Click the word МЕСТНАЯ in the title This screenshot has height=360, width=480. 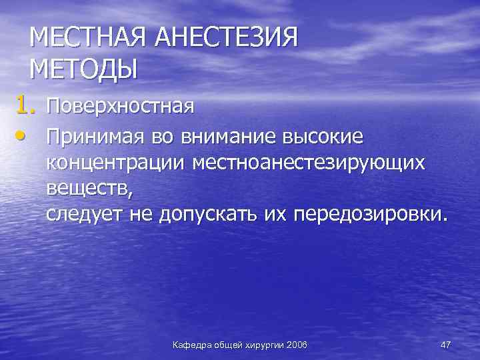point(89,39)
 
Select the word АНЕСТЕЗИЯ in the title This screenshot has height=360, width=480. point(227,39)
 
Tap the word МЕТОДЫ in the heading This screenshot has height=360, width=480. point(83,68)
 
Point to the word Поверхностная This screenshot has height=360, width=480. point(120,106)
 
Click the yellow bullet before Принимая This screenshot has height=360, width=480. point(23,137)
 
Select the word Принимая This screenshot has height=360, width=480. point(93,137)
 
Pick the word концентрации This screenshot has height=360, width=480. point(117,163)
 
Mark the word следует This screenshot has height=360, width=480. point(83,215)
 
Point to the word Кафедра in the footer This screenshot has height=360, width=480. point(191,345)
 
